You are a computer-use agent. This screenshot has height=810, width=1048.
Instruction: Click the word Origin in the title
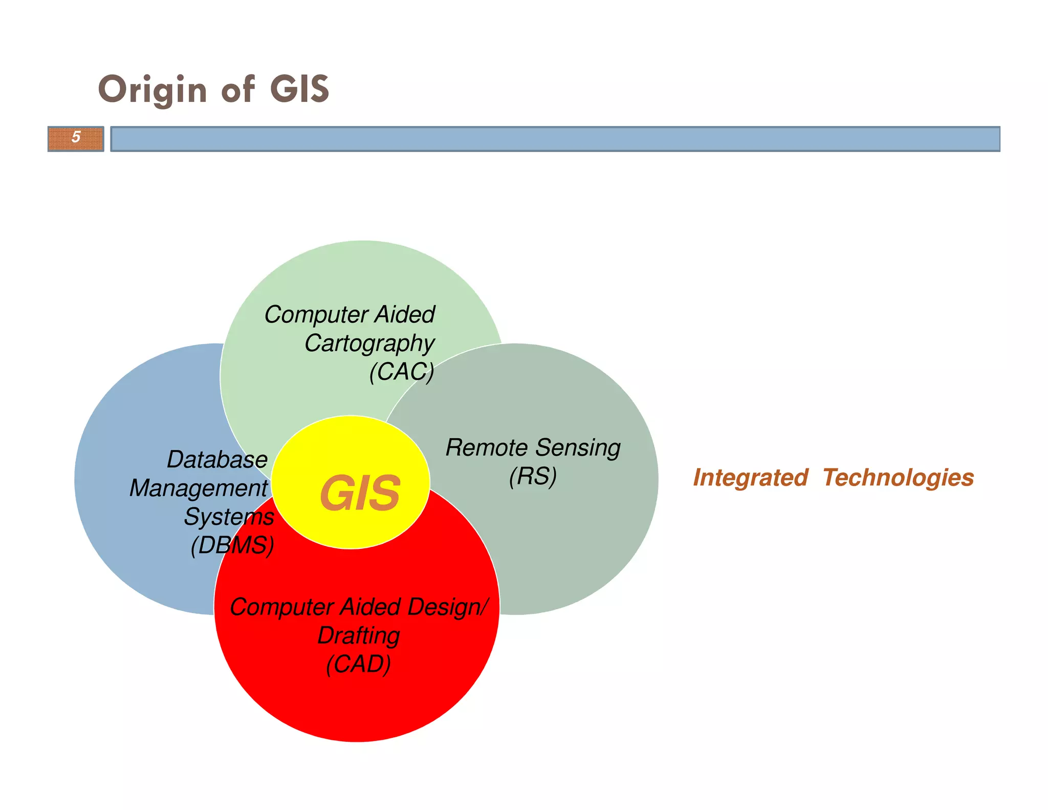click(x=152, y=90)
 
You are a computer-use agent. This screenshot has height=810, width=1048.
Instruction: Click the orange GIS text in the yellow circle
click(x=360, y=493)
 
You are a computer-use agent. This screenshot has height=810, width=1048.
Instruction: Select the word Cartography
click(x=369, y=343)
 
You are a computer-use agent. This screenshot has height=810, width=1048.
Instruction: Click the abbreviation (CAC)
click(x=402, y=372)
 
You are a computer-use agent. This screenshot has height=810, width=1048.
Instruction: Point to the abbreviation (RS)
click(x=533, y=476)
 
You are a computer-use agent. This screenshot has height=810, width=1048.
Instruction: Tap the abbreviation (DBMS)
click(x=232, y=545)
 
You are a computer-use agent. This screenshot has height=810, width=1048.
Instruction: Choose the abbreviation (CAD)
click(x=358, y=664)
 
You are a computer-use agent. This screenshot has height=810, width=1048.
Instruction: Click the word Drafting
click(x=358, y=636)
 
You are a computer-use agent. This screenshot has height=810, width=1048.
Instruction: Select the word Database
click(x=217, y=460)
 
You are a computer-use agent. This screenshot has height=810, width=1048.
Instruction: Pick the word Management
click(x=199, y=488)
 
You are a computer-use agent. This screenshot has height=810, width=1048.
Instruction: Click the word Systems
click(x=229, y=517)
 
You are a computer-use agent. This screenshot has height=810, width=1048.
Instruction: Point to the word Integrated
click(x=750, y=478)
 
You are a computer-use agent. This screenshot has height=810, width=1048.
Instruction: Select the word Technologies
click(x=898, y=478)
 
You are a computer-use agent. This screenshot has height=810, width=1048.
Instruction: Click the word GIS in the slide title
click(x=299, y=90)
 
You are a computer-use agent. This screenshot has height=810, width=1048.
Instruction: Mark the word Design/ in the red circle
click(x=448, y=607)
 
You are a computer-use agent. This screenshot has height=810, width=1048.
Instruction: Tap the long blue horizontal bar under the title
click(x=555, y=139)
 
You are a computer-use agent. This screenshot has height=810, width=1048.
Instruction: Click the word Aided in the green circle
click(x=405, y=314)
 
